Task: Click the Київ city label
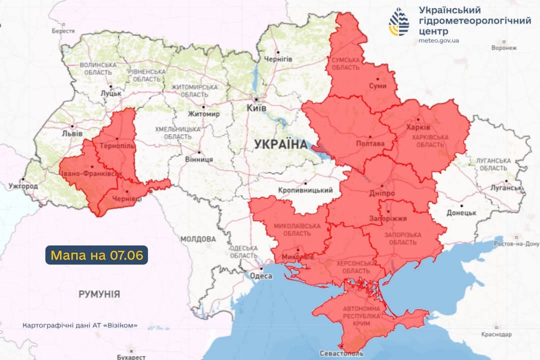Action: [257, 108]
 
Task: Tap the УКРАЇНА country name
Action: [280, 144]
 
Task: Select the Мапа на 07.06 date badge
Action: [97, 255]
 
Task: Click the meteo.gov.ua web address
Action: [438, 40]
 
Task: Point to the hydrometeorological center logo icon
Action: [399, 22]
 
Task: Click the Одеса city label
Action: [260, 276]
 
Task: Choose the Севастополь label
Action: [342, 353]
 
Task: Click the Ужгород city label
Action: [23, 186]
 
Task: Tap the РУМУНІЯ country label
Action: [99, 294]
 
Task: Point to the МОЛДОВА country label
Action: [198, 239]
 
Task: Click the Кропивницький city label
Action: [305, 190]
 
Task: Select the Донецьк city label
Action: [461, 212]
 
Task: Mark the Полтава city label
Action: [370, 143]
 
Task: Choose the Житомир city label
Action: [203, 114]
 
